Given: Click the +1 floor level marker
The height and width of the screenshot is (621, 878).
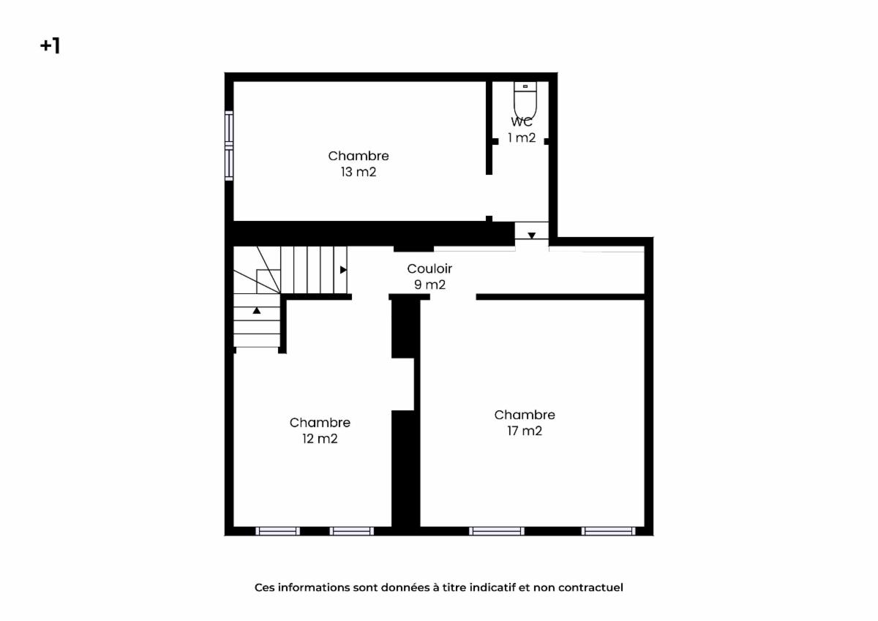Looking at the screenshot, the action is pyautogui.click(x=50, y=46).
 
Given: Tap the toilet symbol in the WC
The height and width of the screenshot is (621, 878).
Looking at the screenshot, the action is pyautogui.click(x=525, y=99).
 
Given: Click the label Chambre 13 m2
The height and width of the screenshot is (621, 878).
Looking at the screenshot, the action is pyautogui.click(x=359, y=164).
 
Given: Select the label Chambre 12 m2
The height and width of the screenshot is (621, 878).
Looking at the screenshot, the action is pyautogui.click(x=320, y=430).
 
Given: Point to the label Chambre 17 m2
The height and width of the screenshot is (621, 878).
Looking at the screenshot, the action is pyautogui.click(x=525, y=422).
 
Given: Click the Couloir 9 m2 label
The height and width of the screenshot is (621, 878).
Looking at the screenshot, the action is pyautogui.click(x=429, y=276).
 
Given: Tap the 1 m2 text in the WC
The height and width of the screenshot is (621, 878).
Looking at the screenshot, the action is pyautogui.click(x=522, y=138).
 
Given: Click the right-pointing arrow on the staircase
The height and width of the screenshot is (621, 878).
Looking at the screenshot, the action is pyautogui.click(x=343, y=270).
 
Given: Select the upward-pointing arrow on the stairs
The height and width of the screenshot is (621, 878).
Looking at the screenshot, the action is pyautogui.click(x=257, y=310).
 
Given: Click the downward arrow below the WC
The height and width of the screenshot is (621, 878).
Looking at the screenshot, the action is pyautogui.click(x=531, y=236).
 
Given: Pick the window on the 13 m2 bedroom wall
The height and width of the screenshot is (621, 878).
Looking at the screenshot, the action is pyautogui.click(x=229, y=146).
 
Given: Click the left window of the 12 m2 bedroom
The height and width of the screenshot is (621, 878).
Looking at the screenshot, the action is pyautogui.click(x=277, y=531).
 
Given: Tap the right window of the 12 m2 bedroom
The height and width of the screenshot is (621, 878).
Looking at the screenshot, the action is pyautogui.click(x=352, y=531).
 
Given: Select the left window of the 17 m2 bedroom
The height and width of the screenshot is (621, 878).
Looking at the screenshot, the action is pyautogui.click(x=496, y=531).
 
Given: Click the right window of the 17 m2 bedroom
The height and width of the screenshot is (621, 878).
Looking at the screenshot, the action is pyautogui.click(x=608, y=531).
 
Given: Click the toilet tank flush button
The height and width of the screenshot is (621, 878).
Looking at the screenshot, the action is pyautogui.click(x=525, y=86).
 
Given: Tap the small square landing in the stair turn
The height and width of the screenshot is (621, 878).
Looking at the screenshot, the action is pyautogui.click(x=269, y=282).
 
